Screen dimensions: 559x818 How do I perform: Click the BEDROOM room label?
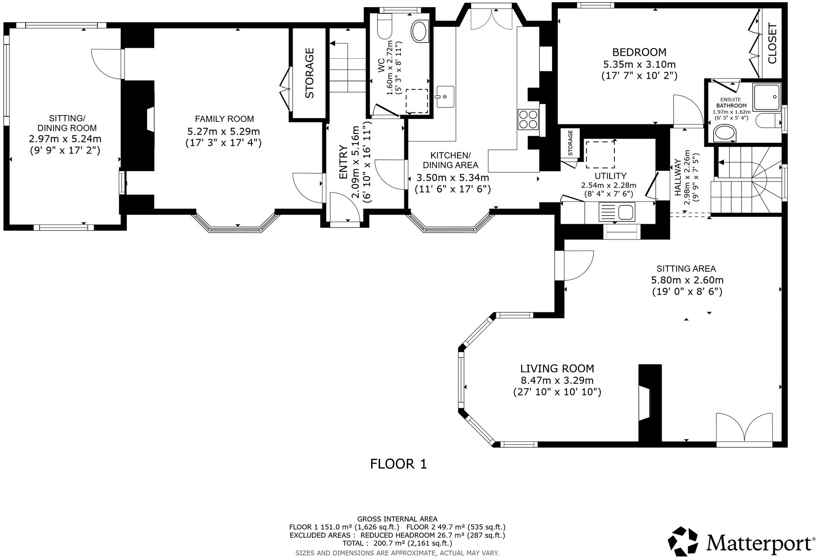pos(639,52)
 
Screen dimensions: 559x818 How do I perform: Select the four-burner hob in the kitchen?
pos(528,119)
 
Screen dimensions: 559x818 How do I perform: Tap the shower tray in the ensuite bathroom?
pos(767,97)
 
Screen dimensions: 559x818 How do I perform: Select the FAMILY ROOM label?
pos(224,119)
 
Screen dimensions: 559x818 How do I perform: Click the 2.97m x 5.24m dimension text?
pos(65,139)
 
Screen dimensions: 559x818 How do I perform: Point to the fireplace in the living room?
pos(649,403)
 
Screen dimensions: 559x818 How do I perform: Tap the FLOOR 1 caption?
pos(398,464)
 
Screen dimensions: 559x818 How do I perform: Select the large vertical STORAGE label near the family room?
pos(309,73)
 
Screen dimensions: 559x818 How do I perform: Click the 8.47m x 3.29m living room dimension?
pos(557,380)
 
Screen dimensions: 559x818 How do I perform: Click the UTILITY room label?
pos(610,176)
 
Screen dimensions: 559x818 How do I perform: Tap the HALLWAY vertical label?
pos(677,178)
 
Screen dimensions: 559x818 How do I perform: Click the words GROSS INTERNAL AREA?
pos(397,519)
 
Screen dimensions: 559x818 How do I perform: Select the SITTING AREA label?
pos(686,269)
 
